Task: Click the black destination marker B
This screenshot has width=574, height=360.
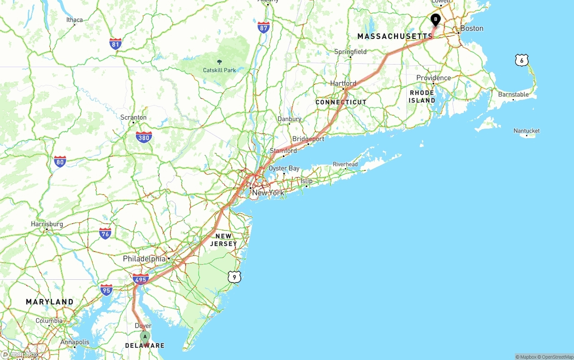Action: pos(435,20)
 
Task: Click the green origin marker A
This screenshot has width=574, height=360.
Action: pos(144,337)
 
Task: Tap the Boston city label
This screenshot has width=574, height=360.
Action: pos(472,28)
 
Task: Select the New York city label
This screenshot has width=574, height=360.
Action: pos(268,193)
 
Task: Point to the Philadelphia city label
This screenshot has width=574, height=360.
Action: pos(144,259)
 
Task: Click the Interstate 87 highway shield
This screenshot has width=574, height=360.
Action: pos(264,27)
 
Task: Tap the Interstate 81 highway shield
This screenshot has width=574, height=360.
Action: pos(115,44)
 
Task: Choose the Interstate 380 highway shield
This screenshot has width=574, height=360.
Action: pos(143,137)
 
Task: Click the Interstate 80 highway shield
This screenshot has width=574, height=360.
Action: pos(60,162)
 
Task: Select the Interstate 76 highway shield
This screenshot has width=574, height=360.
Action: pos(105,233)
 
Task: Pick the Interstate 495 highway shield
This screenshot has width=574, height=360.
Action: pos(140,280)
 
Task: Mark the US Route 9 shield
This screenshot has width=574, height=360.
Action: pos(234,277)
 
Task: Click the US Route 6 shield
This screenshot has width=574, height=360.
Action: pos(522,60)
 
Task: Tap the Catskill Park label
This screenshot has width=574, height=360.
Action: pos(219,70)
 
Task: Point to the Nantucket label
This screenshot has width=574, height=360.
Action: pos(526,131)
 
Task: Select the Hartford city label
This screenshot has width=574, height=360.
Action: pos(343,83)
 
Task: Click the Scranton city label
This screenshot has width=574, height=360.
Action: pos(133,117)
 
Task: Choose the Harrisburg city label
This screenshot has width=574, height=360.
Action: pos(47,224)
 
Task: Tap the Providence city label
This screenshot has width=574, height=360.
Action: pos(433,78)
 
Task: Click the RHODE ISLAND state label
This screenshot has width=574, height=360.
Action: pos(422,97)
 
